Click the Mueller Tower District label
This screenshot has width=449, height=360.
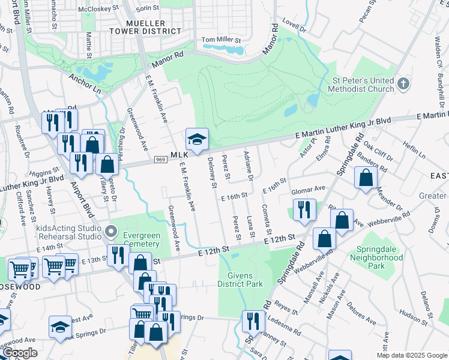pos(145,26)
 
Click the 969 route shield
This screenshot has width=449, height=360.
pos(160,160)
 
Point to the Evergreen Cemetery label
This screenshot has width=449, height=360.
pos(140,239)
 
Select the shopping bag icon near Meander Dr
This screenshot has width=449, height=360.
pos(366,178)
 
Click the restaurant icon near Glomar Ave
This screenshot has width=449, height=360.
pos(304,209)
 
